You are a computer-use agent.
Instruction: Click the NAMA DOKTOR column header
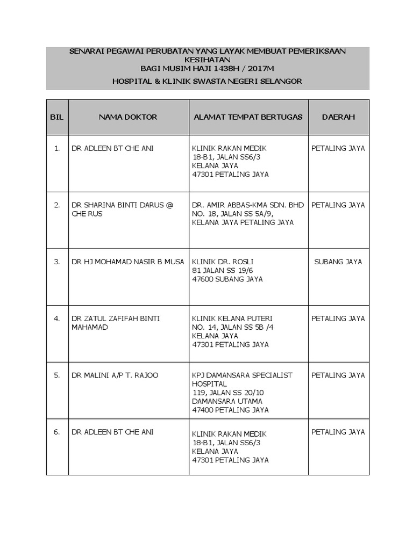[x=128, y=117]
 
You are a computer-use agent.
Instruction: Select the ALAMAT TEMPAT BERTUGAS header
[x=248, y=117]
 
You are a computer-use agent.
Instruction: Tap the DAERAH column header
[x=338, y=117]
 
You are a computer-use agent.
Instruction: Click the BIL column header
[x=57, y=117]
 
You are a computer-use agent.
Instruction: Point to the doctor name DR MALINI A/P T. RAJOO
[x=115, y=375]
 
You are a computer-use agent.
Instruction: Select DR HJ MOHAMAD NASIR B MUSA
[x=127, y=262]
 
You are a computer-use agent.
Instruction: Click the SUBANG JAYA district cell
[x=338, y=262]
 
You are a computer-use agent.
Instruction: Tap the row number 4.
[x=57, y=319]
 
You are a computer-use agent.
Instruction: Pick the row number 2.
[x=57, y=205]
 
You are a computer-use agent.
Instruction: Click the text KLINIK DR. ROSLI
[x=223, y=262]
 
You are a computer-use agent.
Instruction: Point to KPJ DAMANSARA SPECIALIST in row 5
[x=242, y=375]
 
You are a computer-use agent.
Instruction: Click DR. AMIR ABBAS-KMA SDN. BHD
[x=248, y=205]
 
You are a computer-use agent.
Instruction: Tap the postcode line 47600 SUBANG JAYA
[x=227, y=279]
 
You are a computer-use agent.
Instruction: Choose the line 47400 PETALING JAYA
[x=230, y=410]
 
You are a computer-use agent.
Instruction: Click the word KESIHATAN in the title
[x=207, y=60]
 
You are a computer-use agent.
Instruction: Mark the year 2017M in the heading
[x=260, y=69]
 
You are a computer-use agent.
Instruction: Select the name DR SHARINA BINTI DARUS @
[x=122, y=205]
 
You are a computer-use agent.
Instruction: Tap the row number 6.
[x=57, y=432]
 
